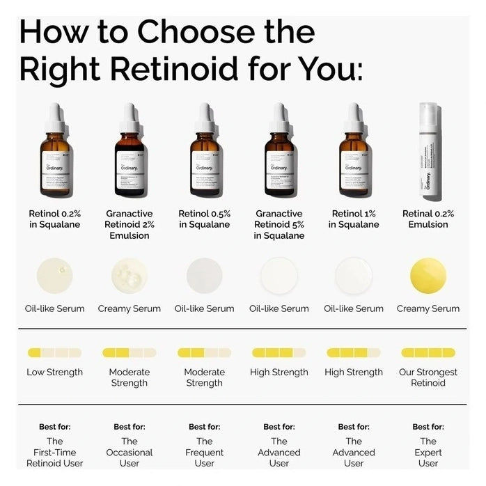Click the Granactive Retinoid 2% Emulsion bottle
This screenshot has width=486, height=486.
(129, 160)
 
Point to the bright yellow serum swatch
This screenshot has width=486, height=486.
(428, 275)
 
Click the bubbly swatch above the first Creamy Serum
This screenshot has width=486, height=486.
(129, 275)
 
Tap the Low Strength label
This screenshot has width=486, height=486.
(54, 372)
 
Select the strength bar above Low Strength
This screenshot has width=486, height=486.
(54, 352)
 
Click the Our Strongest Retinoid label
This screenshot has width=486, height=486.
(428, 377)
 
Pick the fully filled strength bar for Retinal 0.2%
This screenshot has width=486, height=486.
(428, 352)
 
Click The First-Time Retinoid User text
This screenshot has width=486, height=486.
(54, 452)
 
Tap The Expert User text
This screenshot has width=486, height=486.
(428, 452)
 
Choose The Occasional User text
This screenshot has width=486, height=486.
(129, 452)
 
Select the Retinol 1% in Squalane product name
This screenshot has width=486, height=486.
(354, 219)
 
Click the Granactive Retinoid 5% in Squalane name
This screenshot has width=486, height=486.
(279, 224)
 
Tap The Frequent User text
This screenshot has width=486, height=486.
(204, 452)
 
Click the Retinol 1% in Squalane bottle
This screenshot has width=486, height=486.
(354, 160)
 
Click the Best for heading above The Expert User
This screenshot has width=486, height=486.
(428, 427)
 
